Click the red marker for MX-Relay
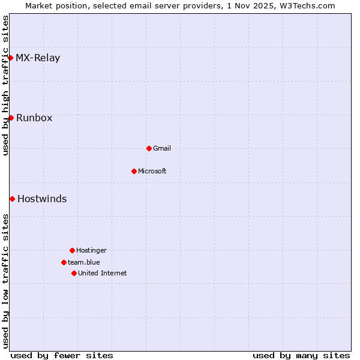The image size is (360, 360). coord(11,58)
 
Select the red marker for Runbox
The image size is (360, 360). coord(11,118)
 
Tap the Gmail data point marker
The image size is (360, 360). coord(149,148)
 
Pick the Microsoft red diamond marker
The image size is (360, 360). coord(134,171)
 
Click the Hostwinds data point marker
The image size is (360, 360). coord(12,199)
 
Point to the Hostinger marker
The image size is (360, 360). coord(72,250)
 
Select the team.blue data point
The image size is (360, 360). coord(64,262)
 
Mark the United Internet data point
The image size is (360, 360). coord(74,273)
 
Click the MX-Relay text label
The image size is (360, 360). coord(38,58)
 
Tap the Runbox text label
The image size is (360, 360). coord(34,118)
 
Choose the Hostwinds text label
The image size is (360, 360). coord(42,199)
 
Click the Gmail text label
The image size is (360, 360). coord(162,148)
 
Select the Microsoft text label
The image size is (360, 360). coord(152,171)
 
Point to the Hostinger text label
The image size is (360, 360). coord(91,250)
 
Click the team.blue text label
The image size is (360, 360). coord(84,262)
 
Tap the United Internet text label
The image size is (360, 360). coord(103,273)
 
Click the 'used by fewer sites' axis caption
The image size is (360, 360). coord(62,355)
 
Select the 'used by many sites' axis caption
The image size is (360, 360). coord(301,355)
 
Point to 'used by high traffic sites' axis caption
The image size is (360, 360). coord(5,85)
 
